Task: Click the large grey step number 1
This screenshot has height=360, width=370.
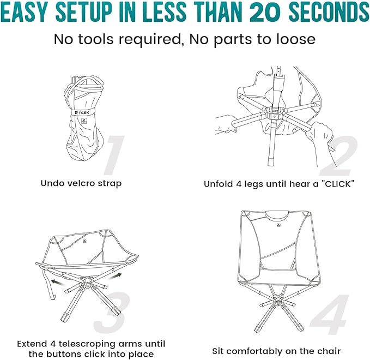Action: [116, 155]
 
